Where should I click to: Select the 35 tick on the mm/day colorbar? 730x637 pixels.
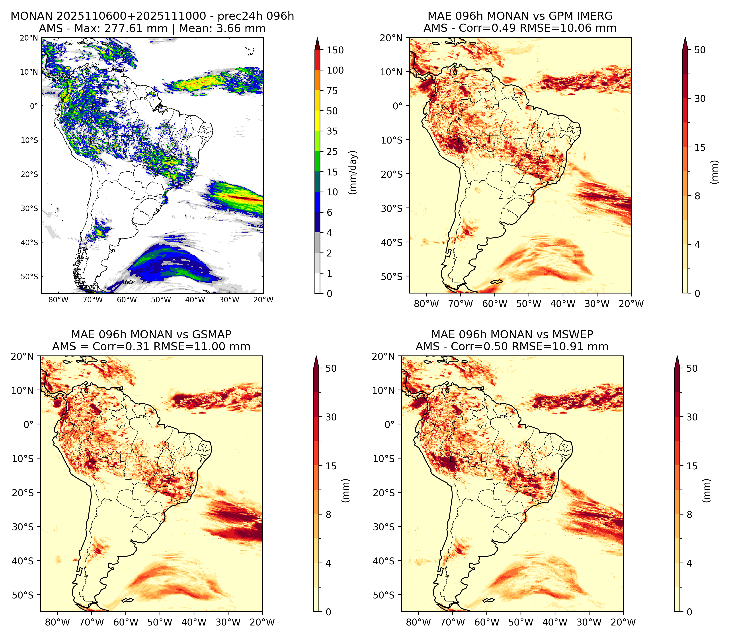pos(332,131)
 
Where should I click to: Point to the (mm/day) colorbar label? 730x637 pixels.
pos(353,172)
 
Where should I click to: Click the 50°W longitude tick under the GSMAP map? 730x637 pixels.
pos(160,622)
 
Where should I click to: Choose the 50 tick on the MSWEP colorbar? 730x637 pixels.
pos(692,368)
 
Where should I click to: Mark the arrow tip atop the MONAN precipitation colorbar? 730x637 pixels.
pos(318,37)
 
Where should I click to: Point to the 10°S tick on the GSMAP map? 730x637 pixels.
pos(23,458)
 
